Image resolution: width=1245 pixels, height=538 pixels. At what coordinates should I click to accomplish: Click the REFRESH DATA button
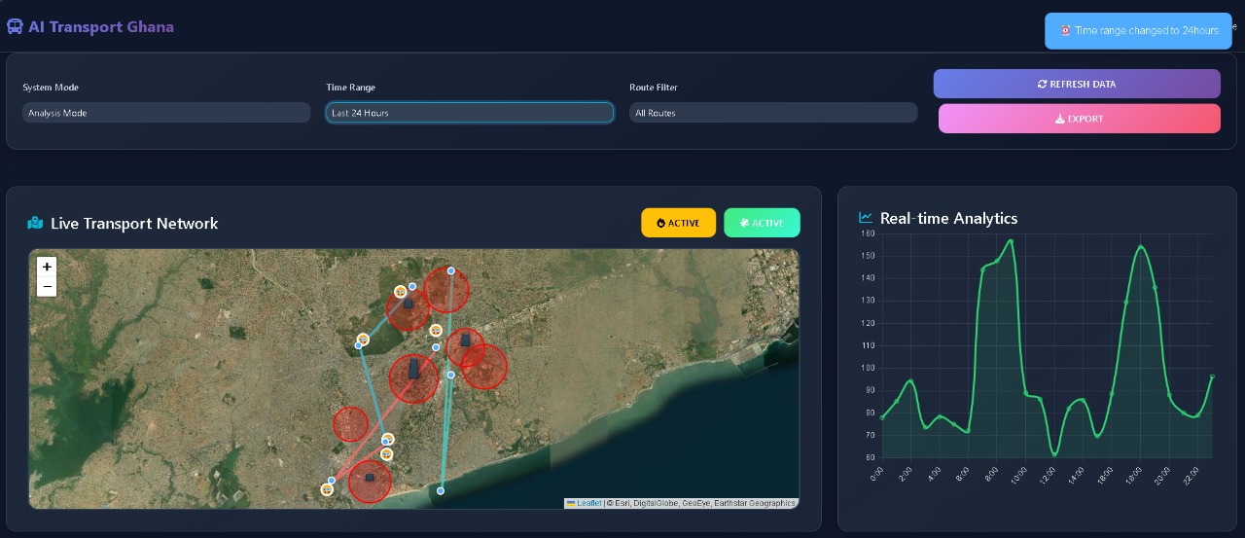[1077, 84]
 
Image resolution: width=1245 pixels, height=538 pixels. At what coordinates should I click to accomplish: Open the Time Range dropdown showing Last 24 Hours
[470, 113]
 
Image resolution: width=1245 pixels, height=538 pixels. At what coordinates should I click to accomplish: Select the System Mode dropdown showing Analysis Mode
[165, 113]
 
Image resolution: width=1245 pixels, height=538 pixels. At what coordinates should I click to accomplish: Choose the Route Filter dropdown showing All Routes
[772, 113]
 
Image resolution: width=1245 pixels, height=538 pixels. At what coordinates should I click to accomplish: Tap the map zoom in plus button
[47, 267]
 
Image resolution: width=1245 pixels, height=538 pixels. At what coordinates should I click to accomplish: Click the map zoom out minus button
[47, 286]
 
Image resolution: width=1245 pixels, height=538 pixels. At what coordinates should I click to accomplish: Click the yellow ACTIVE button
[678, 223]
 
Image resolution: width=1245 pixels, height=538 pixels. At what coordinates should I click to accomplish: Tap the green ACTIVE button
[762, 223]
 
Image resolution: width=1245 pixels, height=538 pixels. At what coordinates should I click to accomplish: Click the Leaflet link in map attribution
[588, 503]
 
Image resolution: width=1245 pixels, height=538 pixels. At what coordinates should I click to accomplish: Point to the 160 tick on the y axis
[868, 233]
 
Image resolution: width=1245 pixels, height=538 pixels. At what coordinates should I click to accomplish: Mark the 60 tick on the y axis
[868, 457]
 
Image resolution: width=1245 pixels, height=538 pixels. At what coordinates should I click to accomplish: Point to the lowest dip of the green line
[1055, 454]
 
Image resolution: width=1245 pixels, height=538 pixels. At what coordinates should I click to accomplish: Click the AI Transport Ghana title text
[101, 26]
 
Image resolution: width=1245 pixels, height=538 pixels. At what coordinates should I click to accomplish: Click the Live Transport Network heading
[134, 224]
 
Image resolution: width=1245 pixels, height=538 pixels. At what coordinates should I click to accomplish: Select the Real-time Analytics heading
[948, 218]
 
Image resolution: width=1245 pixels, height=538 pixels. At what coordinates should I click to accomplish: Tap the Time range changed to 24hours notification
[1138, 30]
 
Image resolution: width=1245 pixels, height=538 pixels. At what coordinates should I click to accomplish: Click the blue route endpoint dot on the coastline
[441, 490]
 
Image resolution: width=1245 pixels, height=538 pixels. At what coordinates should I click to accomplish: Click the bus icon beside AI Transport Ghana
[15, 27]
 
